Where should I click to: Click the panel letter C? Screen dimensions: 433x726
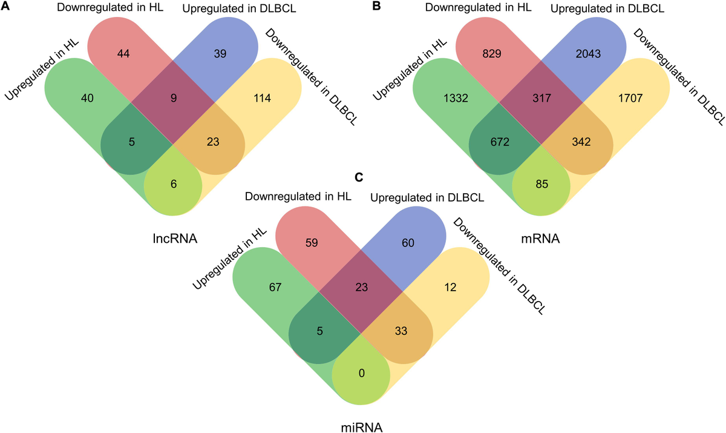pyautogui.click(x=359, y=177)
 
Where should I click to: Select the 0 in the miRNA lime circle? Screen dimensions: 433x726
pyautogui.click(x=361, y=374)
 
